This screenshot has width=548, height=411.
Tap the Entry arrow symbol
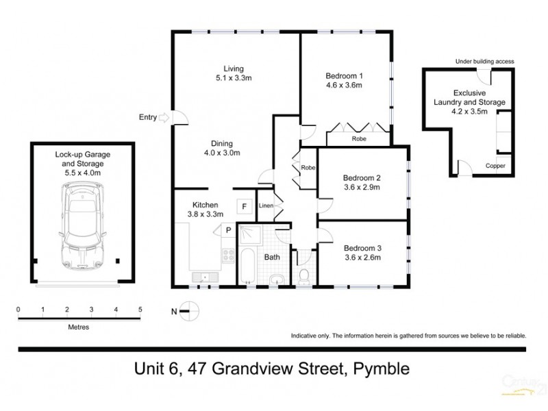pyautogui.click(x=164, y=118)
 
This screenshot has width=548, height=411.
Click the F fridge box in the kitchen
pyautogui.click(x=242, y=206)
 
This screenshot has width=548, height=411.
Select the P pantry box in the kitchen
pyautogui.click(x=227, y=230)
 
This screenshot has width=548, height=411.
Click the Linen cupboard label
pyautogui.click(x=266, y=206)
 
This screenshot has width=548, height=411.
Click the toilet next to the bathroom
pyautogui.click(x=303, y=275)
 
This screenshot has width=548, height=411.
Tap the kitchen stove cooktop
pyautogui.click(x=227, y=258)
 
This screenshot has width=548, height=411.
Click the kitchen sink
pyautogui.click(x=203, y=277)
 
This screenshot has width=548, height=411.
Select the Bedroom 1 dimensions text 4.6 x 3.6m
pyautogui.click(x=343, y=86)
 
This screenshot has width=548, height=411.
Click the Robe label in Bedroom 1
pyautogui.click(x=359, y=139)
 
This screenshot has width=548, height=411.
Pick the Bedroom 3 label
pyautogui.click(x=362, y=248)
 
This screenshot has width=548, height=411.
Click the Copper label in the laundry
pyautogui.click(x=495, y=166)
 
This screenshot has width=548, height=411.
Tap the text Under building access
pyautogui.click(x=484, y=62)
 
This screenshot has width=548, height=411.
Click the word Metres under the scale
pyautogui.click(x=78, y=327)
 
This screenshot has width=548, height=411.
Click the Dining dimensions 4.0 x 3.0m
pyautogui.click(x=225, y=153)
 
